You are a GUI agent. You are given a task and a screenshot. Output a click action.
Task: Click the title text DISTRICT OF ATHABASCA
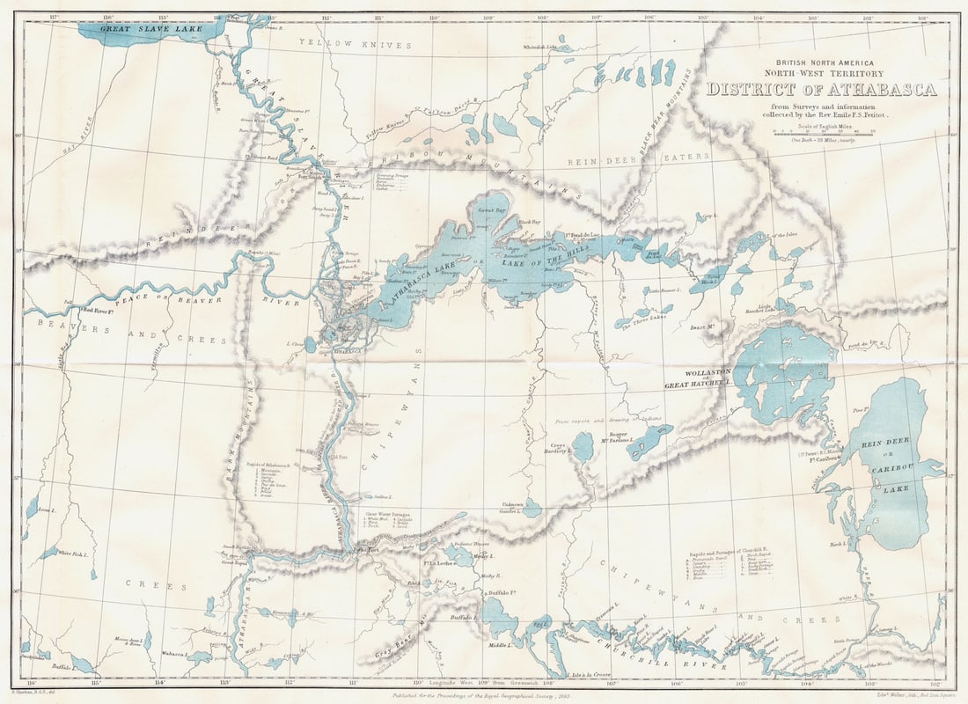click(x=822, y=90)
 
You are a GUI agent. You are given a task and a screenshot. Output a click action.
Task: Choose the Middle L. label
click(x=501, y=645)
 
